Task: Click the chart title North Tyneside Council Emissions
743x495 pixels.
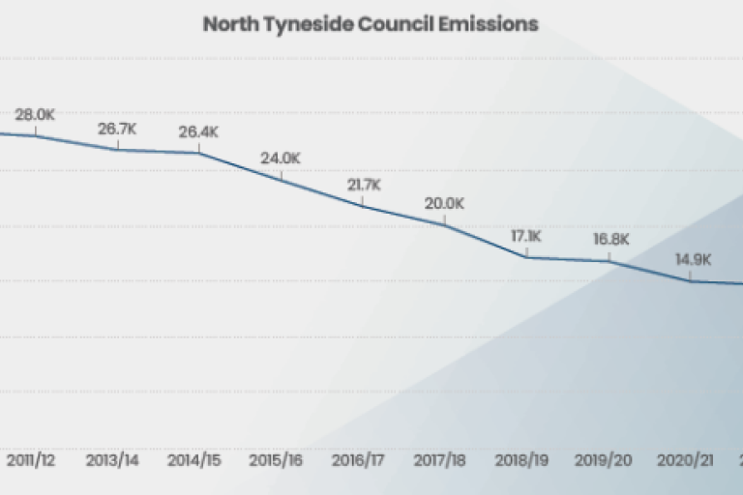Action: point(370,23)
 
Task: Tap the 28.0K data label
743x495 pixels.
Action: point(35,115)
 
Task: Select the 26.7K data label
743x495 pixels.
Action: point(117,130)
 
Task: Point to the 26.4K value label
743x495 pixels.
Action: point(199,132)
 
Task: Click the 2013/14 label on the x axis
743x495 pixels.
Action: point(112,460)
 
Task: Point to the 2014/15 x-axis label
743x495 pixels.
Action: point(195,460)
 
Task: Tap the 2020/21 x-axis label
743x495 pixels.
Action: point(686,460)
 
